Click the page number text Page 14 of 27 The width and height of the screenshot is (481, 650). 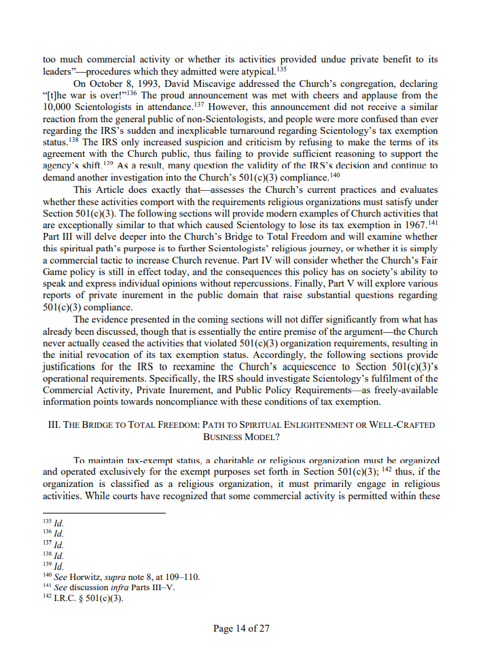[x=241, y=628]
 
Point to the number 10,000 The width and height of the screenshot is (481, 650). [x=58, y=107]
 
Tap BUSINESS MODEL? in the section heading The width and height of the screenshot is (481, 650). [x=241, y=437]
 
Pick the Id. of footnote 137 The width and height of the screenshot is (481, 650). [x=59, y=544]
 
